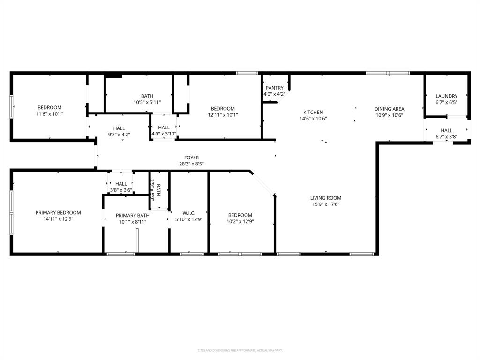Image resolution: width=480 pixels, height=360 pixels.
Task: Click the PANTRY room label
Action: point(274,88)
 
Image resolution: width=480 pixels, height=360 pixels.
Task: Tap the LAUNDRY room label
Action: point(446,96)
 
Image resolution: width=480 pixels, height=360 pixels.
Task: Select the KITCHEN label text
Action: point(313,112)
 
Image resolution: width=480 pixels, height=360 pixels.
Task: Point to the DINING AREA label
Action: point(389,109)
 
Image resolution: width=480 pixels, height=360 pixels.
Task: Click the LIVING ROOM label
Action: point(326,198)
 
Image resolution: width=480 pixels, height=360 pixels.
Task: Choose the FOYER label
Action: point(191,157)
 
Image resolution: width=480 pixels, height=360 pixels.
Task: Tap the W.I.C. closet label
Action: point(188,213)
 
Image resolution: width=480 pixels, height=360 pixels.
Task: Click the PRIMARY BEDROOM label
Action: point(58,212)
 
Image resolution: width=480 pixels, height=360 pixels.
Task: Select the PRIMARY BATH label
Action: point(133,216)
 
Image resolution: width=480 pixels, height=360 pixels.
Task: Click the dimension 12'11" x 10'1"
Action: point(223,115)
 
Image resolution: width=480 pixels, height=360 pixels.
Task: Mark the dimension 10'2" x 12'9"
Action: point(240,221)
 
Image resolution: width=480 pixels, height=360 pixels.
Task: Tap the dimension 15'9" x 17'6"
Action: point(326,204)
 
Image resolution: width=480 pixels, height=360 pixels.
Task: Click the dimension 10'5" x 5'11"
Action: point(147,102)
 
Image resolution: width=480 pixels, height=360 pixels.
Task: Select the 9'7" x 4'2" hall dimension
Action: point(119,135)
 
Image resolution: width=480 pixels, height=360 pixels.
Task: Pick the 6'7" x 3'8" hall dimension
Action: point(446,137)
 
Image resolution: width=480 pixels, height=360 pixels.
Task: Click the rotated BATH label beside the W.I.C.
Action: point(158,190)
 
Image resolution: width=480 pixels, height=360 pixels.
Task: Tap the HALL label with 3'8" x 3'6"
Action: point(121,184)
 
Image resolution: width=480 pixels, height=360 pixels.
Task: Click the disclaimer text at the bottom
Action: point(240,350)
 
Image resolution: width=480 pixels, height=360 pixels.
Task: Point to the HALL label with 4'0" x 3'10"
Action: point(164,127)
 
